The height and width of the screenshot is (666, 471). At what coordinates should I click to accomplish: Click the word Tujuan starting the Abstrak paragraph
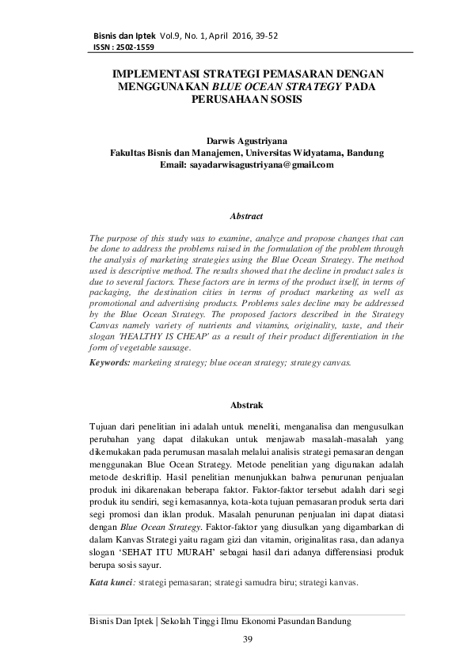click(x=107, y=427)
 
